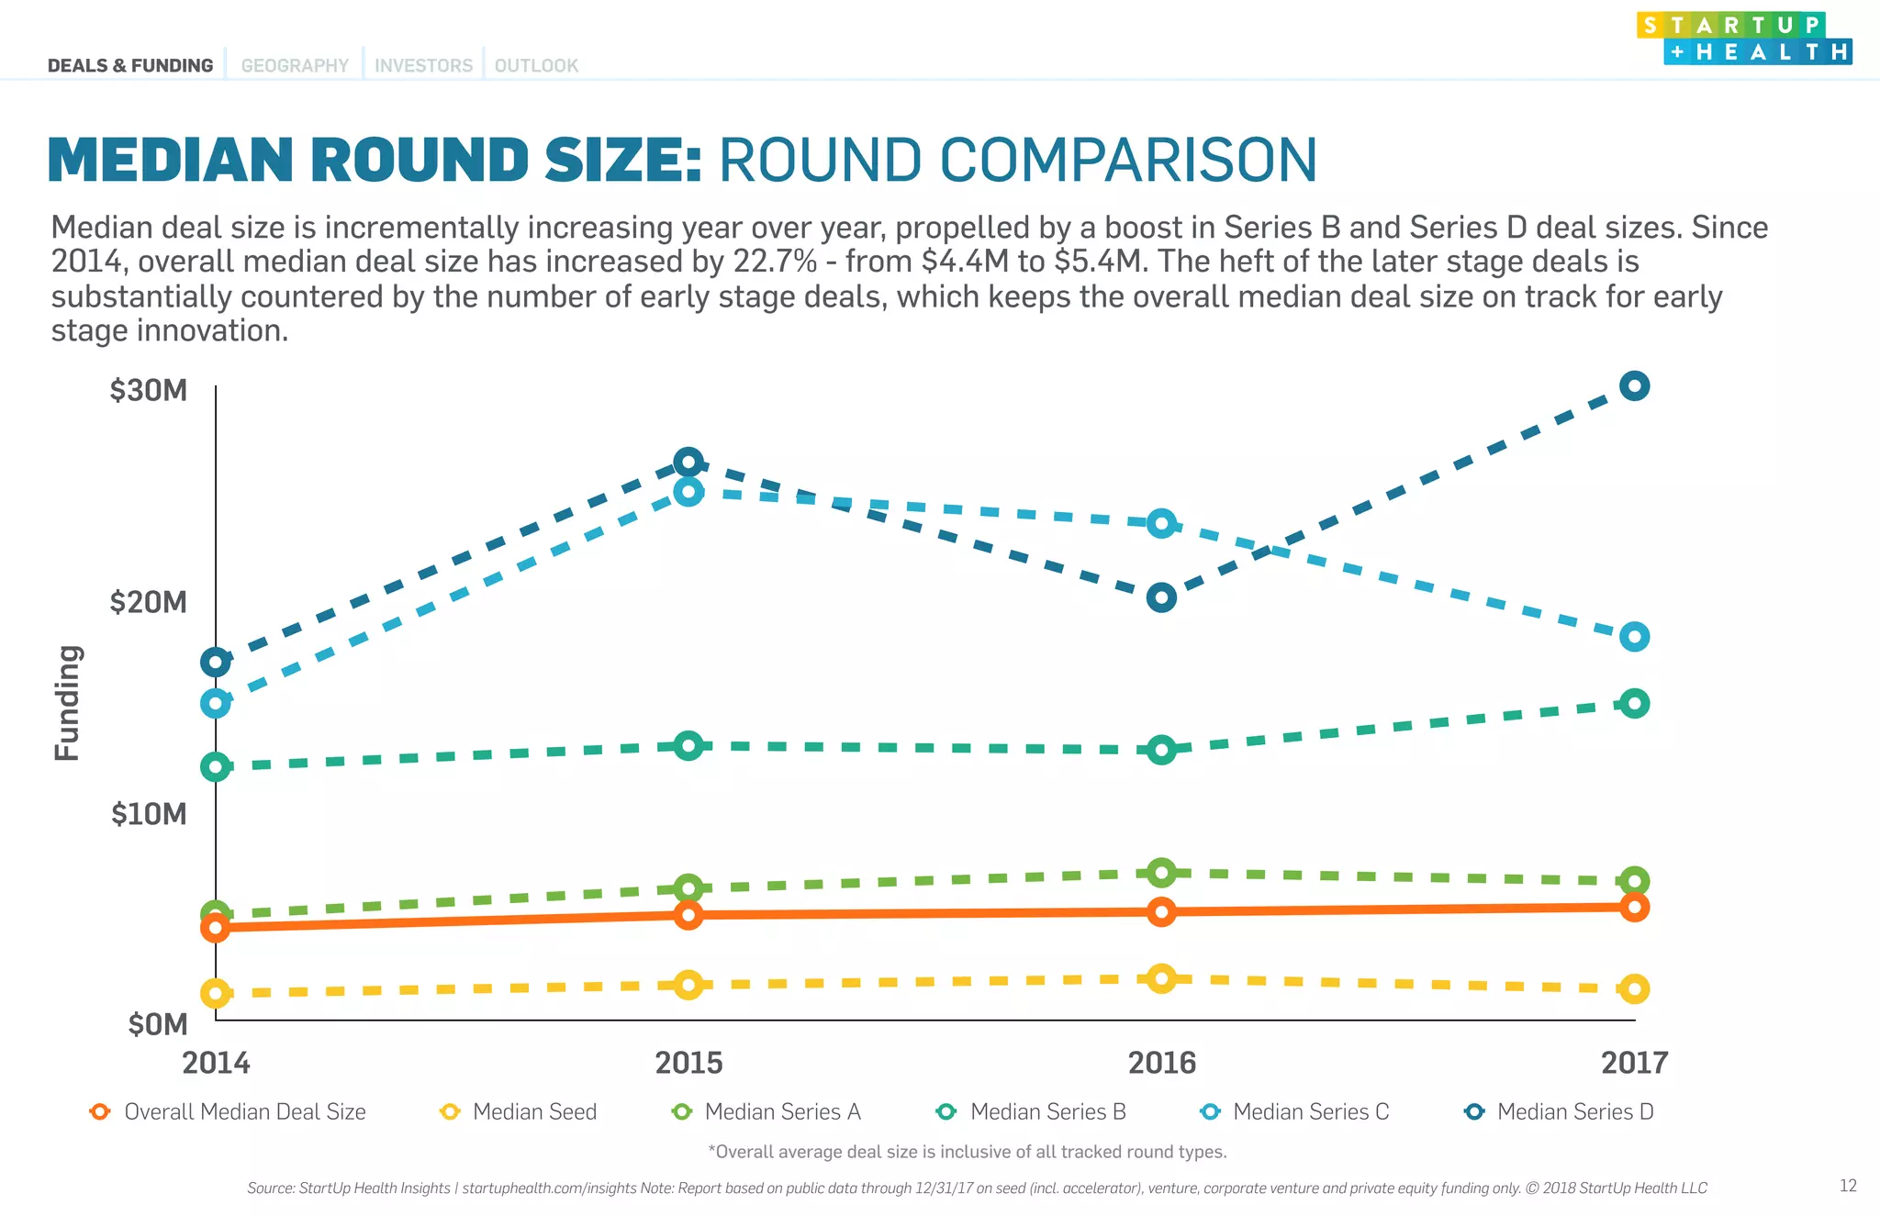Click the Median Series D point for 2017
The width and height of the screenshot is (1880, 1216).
(1634, 386)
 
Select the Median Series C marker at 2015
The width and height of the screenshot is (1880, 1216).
(688, 492)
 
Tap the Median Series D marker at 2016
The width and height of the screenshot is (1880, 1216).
(1161, 598)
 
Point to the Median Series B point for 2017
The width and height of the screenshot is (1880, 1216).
(1634, 704)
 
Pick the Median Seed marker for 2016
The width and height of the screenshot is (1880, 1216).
(1161, 978)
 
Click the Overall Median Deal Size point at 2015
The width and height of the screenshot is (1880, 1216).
(688, 914)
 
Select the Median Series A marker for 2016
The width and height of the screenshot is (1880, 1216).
(1161, 872)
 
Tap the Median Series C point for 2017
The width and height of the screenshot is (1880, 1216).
(1634, 636)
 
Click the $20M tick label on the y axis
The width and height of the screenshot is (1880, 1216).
(148, 602)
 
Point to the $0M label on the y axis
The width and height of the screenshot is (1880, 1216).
(157, 1024)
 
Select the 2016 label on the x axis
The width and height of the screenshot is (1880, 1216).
(1161, 1063)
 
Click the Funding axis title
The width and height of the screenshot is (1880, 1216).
(67, 703)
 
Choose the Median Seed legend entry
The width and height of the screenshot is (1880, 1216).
(520, 1111)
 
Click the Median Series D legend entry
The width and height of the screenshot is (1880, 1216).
(1560, 1111)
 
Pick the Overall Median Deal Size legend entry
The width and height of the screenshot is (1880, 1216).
(229, 1111)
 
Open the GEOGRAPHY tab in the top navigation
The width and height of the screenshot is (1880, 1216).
(295, 66)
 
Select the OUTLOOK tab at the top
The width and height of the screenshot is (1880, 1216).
(536, 66)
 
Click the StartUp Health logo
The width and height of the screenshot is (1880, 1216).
(1744, 39)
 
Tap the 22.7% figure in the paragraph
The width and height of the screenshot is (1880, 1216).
(775, 262)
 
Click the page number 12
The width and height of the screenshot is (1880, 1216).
(1848, 1186)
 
